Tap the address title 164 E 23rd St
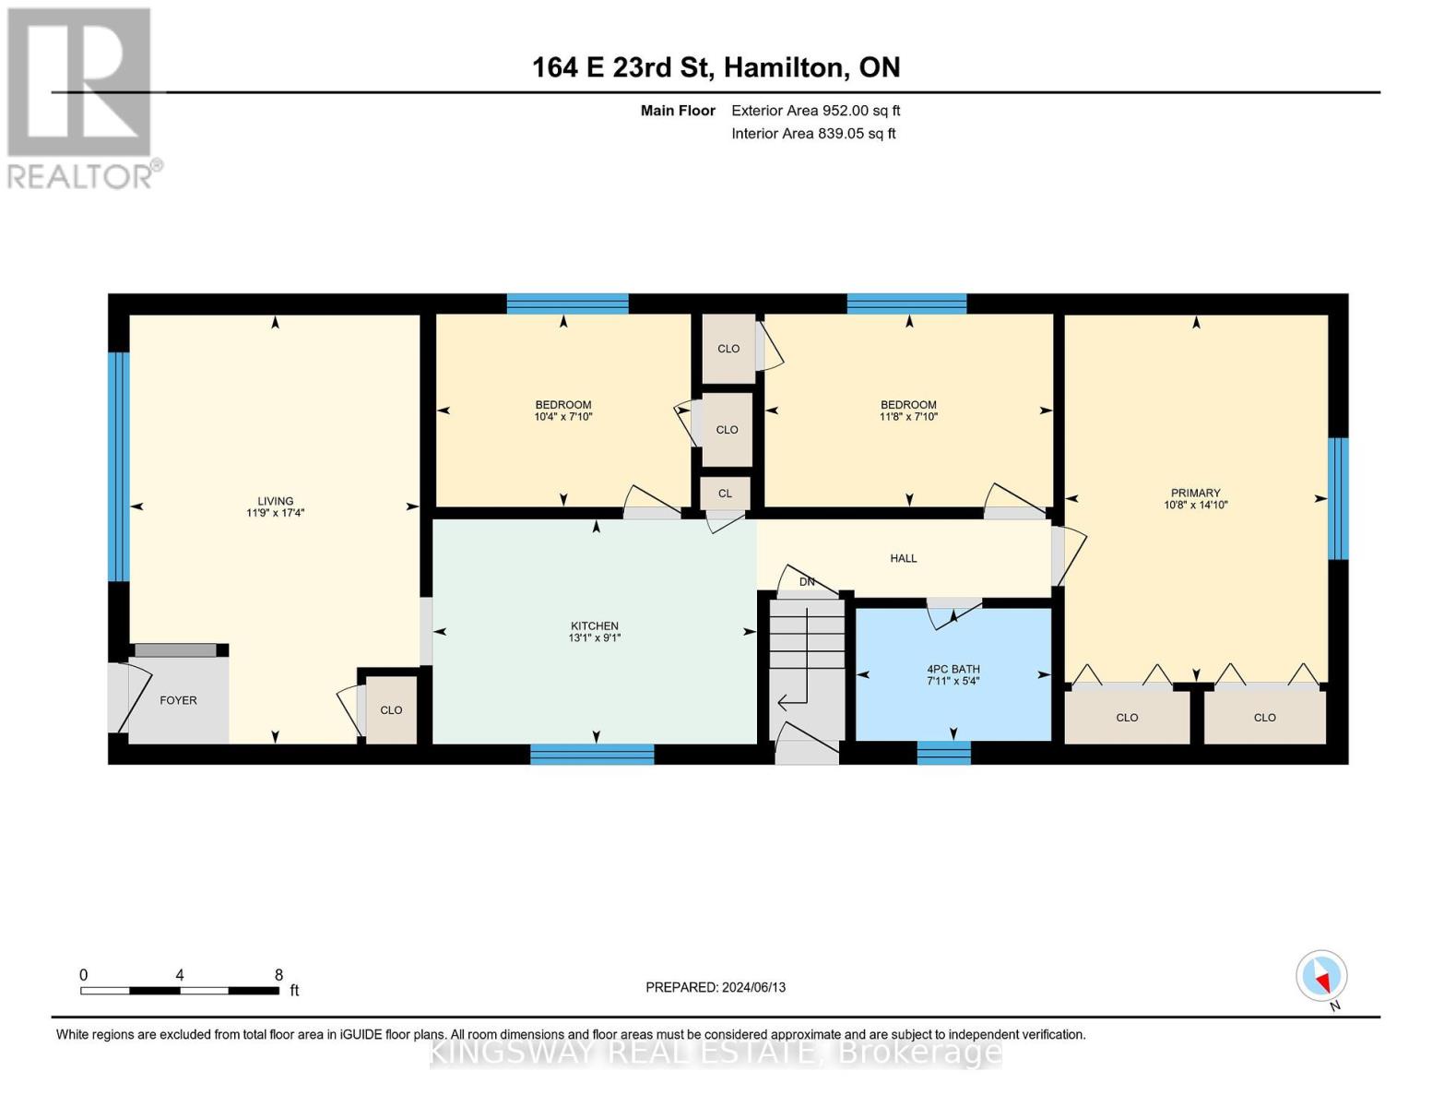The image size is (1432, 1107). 716,67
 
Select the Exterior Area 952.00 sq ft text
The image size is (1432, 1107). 815,111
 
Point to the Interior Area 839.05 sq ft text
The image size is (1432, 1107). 813,134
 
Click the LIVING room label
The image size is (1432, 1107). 275,501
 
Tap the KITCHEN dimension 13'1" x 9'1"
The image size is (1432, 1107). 595,638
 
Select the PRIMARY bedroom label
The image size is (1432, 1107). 1195,493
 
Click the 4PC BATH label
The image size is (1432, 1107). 953,669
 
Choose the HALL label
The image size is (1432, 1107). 904,558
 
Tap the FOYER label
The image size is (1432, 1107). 178,700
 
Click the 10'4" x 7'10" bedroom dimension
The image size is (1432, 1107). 563,417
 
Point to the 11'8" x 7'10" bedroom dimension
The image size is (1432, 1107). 908,417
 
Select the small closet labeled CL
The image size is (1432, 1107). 726,494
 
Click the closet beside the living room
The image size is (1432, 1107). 392,709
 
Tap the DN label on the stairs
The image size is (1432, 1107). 808,581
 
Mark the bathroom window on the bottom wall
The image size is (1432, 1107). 943,753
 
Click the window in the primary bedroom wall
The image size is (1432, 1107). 1338,498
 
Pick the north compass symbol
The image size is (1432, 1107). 1322,976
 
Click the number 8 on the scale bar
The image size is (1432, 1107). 278,975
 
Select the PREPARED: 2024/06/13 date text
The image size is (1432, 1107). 716,987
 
